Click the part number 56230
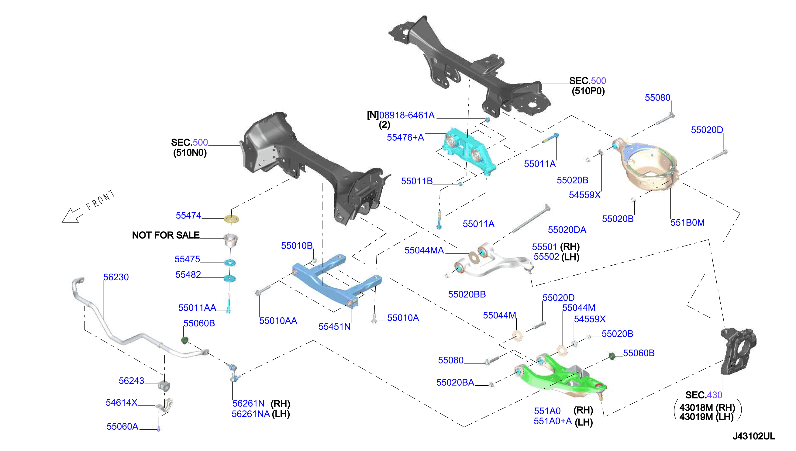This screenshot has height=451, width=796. point(116,277)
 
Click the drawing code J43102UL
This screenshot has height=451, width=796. point(753,436)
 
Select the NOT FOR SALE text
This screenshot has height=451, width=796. point(166,235)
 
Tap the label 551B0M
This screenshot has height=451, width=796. point(687,222)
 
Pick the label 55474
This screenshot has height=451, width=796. point(188,215)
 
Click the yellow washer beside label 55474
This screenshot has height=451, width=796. point(231,219)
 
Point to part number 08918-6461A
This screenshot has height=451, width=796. point(407,115)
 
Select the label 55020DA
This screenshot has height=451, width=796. point(567,230)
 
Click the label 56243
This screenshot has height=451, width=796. point(131,381)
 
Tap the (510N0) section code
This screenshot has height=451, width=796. point(190,153)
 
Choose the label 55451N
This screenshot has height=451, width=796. point(335,327)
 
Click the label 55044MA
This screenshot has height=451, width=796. point(424,250)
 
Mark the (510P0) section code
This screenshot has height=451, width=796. point(588,91)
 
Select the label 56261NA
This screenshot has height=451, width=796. point(250,414)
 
